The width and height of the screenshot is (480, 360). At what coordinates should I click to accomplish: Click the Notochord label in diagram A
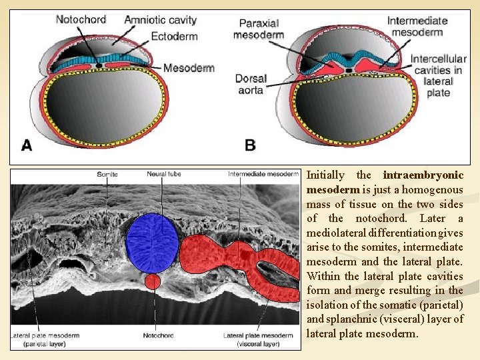coord(81,19)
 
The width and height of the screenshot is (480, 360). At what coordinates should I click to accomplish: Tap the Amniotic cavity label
coord(160,20)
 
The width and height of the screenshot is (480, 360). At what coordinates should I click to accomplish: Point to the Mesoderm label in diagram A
coord(189,68)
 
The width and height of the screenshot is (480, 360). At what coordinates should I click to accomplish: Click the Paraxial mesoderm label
coord(259,29)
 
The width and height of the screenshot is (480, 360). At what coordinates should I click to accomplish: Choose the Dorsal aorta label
coord(251,84)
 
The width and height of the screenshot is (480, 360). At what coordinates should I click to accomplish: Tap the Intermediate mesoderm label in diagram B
coord(417,26)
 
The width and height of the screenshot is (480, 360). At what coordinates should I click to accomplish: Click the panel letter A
coord(27,145)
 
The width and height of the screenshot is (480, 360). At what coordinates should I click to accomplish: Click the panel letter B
coord(250,145)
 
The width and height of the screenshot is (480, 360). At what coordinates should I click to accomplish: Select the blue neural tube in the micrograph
coord(153,242)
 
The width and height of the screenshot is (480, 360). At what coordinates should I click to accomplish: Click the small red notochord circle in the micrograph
coord(153,281)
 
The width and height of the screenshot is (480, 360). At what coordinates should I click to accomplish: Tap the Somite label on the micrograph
coord(107,175)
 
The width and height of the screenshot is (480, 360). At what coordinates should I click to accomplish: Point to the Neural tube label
coord(164,175)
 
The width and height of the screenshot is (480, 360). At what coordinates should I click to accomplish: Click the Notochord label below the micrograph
coord(158,335)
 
